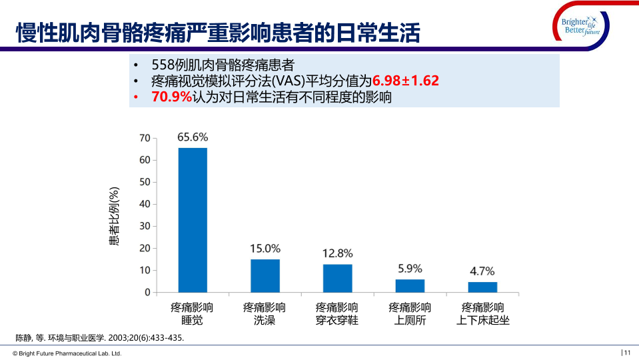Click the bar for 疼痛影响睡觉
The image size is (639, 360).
pos(193,220)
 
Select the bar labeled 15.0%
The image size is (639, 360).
pos(265,275)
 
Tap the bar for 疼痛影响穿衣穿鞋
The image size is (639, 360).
pos(338,278)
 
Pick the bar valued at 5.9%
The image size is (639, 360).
pos(410,285)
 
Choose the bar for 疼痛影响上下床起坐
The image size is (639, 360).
pos(482,287)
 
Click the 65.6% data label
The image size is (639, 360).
pos(193,137)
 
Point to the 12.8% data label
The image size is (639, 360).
pos(337,253)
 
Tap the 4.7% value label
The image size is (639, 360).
pos(482,271)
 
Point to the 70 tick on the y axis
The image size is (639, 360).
pos(145,138)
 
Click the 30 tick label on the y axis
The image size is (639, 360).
pos(145,226)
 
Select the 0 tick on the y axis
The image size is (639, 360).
pos(147,292)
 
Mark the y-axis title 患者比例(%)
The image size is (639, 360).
pos(114,215)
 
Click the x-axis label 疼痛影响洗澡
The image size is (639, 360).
pos(265,314)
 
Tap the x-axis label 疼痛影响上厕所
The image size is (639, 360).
pos(410,314)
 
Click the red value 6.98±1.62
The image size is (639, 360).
pos(405,81)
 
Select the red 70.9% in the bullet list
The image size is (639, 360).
pos(172,97)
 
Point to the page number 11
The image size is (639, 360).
pos(627,353)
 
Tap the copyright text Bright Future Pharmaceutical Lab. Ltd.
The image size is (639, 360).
pos(67,353)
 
